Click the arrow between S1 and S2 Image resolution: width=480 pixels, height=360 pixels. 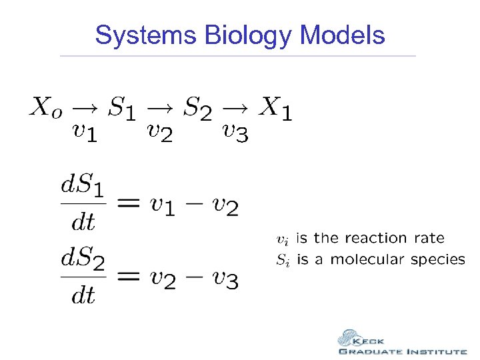click(160, 105)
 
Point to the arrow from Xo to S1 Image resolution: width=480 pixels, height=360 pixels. click(84, 105)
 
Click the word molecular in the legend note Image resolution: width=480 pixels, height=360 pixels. click(367, 259)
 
